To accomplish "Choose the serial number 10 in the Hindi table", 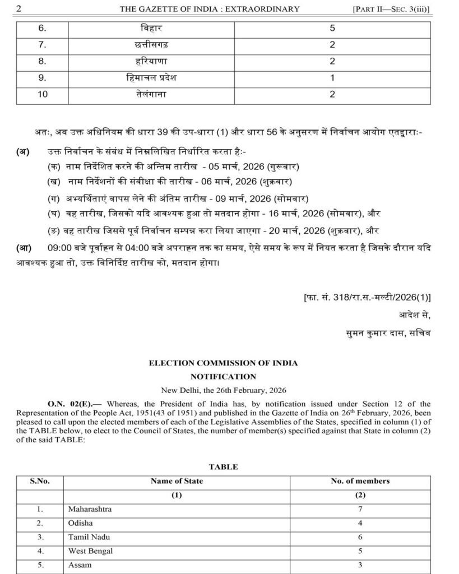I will pyautogui.click(x=43, y=94).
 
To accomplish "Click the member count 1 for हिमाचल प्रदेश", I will pyautogui.click(x=332, y=77).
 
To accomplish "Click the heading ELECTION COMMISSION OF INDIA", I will pyautogui.click(x=223, y=363).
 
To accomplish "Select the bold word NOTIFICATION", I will pyautogui.click(x=223, y=377).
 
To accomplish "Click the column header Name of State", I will pyautogui.click(x=177, y=481).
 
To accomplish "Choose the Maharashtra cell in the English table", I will pyautogui.click(x=90, y=509).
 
